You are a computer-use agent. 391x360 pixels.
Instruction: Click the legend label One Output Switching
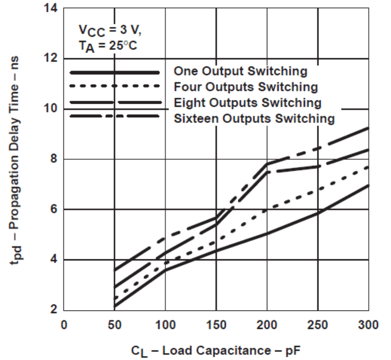click(240, 71)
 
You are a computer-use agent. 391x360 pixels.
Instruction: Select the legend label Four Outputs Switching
click(246, 87)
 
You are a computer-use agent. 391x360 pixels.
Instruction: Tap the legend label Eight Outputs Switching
click(247, 103)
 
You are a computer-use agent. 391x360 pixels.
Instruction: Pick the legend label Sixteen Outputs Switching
click(254, 119)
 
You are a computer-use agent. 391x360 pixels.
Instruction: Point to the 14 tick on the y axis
click(53, 8)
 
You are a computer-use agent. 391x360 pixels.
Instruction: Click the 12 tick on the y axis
click(53, 59)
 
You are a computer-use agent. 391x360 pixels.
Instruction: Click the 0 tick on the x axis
click(64, 324)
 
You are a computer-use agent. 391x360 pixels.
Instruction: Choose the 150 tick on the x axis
click(216, 324)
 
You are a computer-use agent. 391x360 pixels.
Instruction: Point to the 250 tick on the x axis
click(318, 324)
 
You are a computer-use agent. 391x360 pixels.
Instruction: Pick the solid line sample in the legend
click(115, 72)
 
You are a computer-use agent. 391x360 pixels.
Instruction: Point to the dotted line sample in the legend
click(115, 86)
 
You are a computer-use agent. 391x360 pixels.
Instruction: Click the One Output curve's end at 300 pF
click(368, 185)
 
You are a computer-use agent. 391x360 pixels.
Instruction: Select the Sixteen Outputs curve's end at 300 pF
click(368, 128)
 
